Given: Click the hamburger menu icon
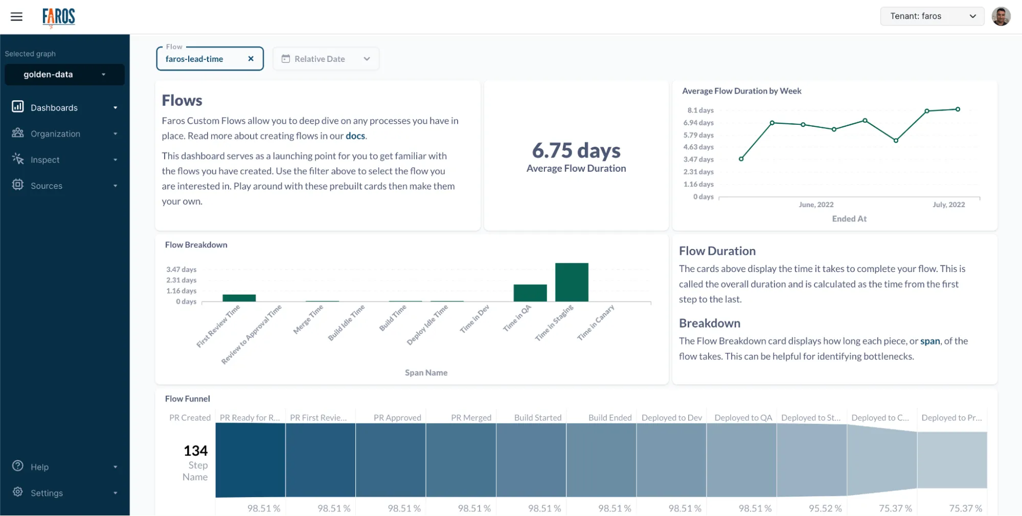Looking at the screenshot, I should click(x=16, y=16).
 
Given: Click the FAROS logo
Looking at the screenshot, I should click(x=59, y=17).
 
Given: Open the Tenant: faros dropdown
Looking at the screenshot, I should click(x=932, y=16).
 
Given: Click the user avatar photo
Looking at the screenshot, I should click(x=1001, y=16).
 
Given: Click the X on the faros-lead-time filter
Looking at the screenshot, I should click(x=251, y=59).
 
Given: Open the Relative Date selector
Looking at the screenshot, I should click(x=326, y=59).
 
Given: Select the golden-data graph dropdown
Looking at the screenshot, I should click(x=64, y=75).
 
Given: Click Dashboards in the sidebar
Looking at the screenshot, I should click(x=54, y=107).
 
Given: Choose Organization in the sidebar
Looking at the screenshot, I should click(x=55, y=133).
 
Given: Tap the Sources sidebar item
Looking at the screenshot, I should click(x=47, y=186).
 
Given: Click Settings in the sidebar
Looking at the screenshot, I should click(x=47, y=493).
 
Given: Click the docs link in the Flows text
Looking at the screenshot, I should click(x=355, y=136).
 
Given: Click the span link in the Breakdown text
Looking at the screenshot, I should click(x=930, y=341).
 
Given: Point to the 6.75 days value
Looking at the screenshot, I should click(x=576, y=150).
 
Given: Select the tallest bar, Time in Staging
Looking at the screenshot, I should click(x=572, y=282).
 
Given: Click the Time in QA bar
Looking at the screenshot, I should click(x=530, y=293).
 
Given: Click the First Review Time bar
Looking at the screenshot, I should click(x=239, y=298).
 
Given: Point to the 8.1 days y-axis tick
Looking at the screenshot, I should click(x=700, y=110).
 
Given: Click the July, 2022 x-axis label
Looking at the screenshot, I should click(x=948, y=205).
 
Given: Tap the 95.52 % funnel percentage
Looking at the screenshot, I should click(x=825, y=508).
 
